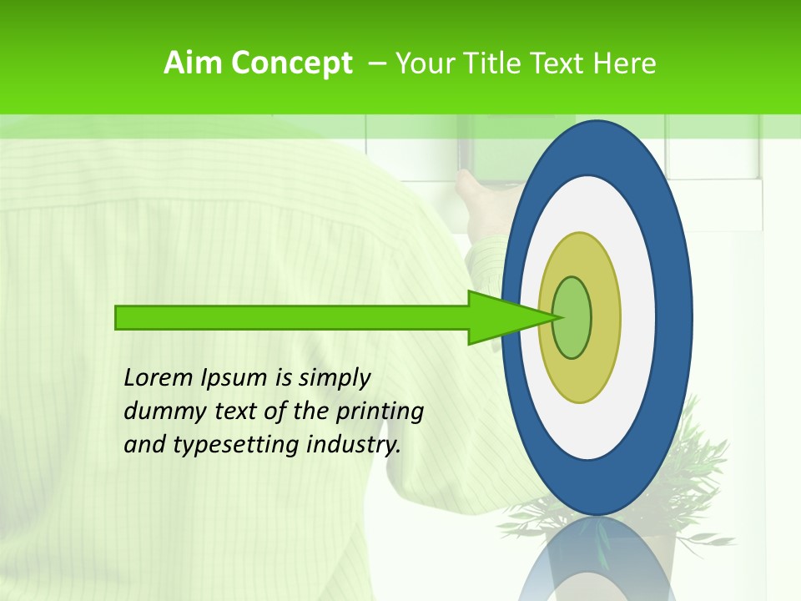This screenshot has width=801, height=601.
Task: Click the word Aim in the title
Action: [194, 63]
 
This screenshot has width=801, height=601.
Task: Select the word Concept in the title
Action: [292, 63]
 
